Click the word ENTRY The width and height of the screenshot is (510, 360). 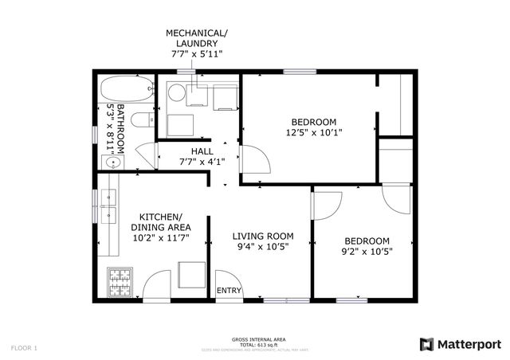[229, 291]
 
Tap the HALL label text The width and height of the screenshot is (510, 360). [202, 151]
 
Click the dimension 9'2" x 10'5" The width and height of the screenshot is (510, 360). [367, 252]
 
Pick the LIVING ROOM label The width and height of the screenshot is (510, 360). [262, 237]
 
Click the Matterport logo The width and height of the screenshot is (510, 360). [461, 343]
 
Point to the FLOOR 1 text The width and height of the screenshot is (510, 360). [24, 347]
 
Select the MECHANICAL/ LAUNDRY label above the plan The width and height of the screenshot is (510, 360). [196, 37]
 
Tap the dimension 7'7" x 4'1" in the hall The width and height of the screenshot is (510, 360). [202, 162]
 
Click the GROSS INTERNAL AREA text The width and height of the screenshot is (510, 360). [254, 338]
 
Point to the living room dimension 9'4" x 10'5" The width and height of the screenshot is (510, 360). [262, 248]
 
